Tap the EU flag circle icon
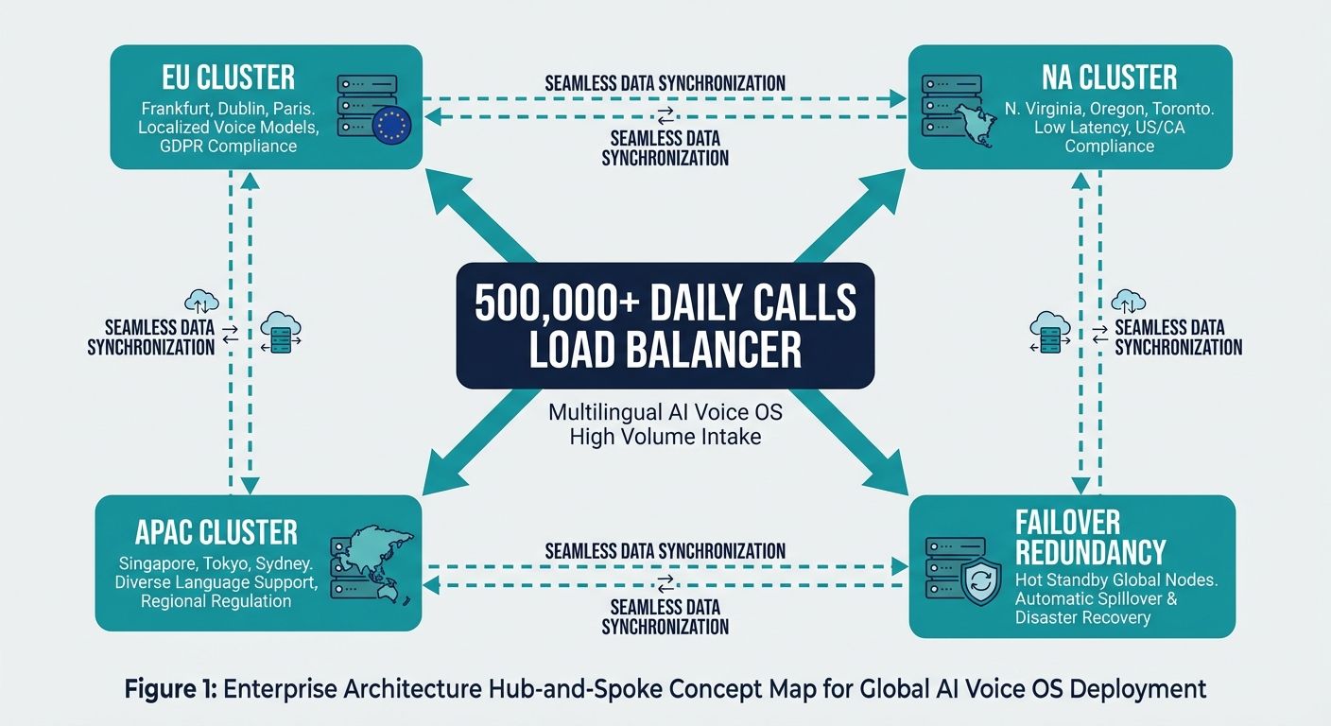click(392, 125)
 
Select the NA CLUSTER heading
click(1110, 77)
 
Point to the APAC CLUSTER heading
click(217, 532)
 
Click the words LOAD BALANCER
click(665, 350)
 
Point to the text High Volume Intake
click(665, 437)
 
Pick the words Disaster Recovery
click(1082, 617)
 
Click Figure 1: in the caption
click(171, 689)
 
